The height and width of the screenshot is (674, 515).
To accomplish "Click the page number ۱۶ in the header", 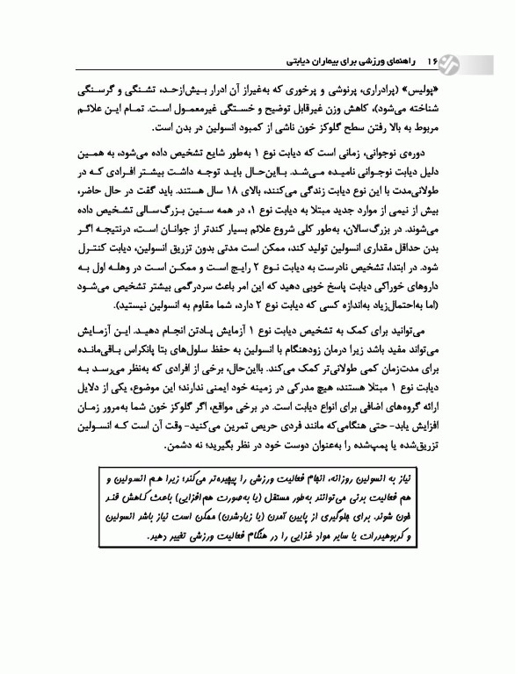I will (x=432, y=64).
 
